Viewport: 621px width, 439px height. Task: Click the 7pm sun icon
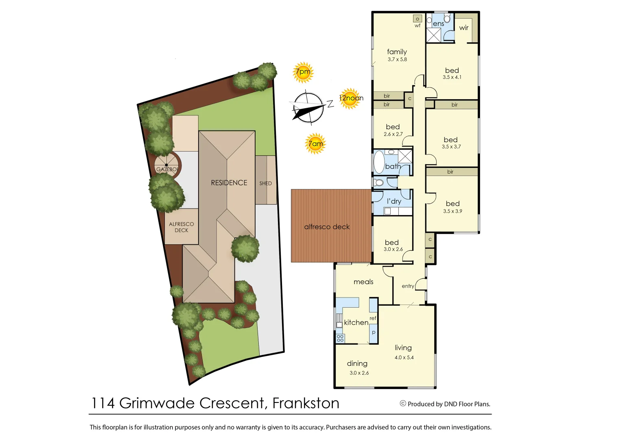click(x=303, y=72)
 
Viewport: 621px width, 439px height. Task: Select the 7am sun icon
click(x=315, y=143)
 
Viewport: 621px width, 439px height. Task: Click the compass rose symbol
click(x=308, y=107)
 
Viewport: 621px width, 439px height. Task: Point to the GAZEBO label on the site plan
click(x=167, y=169)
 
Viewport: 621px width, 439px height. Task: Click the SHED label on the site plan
click(x=265, y=183)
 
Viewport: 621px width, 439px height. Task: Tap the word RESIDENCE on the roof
click(x=229, y=183)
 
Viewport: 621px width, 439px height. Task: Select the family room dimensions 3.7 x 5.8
click(x=397, y=59)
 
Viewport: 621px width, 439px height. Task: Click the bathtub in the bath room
click(x=379, y=162)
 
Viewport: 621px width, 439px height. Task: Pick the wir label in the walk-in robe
click(x=464, y=28)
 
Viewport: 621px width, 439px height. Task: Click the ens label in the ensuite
click(x=438, y=24)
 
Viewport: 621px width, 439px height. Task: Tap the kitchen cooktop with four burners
click(x=340, y=338)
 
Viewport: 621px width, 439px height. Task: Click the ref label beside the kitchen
click(x=373, y=318)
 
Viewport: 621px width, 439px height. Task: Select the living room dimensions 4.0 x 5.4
click(x=404, y=358)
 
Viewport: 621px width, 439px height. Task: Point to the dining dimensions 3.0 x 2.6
click(x=359, y=373)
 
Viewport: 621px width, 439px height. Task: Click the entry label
click(x=408, y=286)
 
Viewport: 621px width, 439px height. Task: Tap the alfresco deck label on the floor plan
click(x=327, y=227)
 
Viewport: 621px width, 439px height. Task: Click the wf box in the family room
click(x=417, y=19)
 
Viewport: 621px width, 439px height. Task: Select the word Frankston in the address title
click(x=306, y=403)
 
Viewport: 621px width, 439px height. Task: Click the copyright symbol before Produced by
click(x=403, y=404)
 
